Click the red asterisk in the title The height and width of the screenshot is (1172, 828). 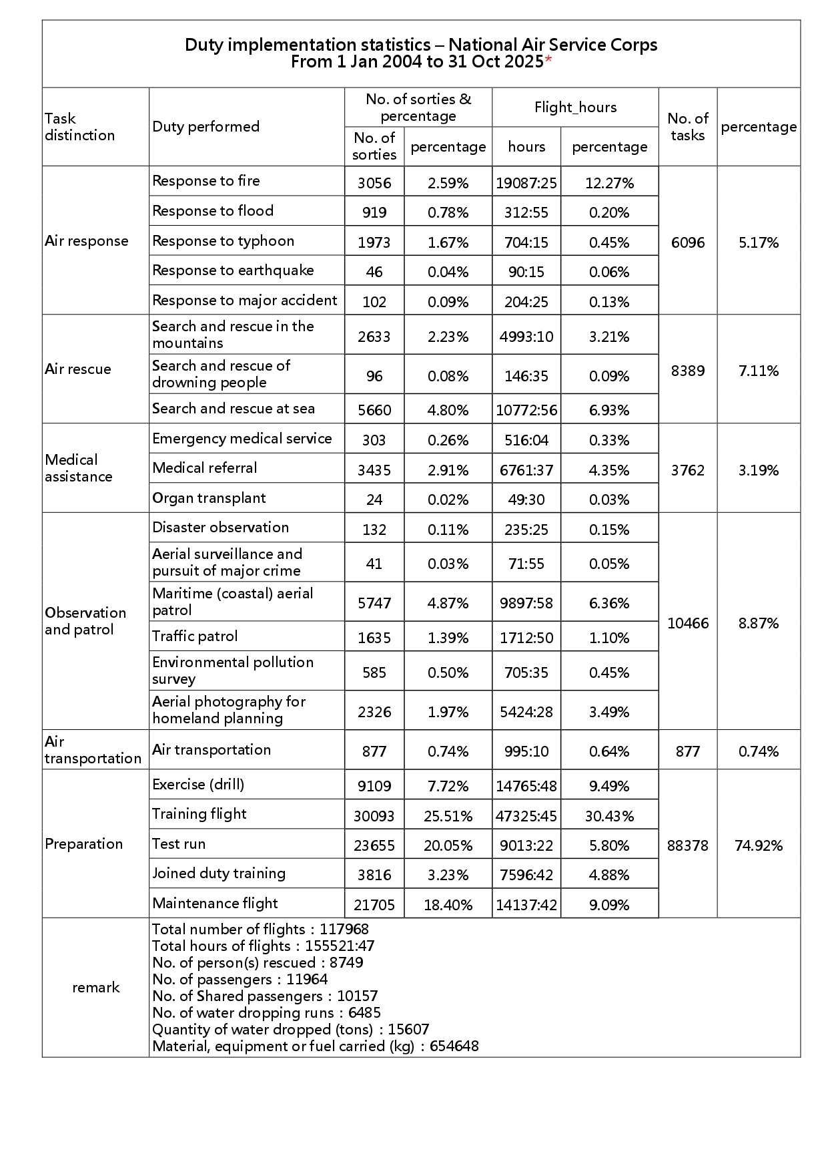[x=548, y=60]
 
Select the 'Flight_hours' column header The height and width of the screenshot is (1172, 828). [x=575, y=108]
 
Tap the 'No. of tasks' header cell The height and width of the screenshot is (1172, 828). [x=687, y=127]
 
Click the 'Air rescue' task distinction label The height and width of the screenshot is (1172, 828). [x=78, y=369]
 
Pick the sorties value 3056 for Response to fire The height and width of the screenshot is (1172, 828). [x=374, y=183]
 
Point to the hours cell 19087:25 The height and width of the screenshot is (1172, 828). [x=526, y=183]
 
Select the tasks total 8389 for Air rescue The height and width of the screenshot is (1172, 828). [x=687, y=371]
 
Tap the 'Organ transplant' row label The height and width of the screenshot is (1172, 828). [x=209, y=498]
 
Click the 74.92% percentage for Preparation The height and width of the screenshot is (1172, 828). [x=759, y=845]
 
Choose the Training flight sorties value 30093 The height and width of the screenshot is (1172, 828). [x=374, y=816]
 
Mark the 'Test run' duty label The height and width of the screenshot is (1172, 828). [x=179, y=844]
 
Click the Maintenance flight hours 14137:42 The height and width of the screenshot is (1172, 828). [x=526, y=905]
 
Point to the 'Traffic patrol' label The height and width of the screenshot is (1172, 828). [x=195, y=636]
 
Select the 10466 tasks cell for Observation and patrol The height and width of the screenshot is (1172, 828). [x=687, y=623]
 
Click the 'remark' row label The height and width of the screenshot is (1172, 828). [x=95, y=988]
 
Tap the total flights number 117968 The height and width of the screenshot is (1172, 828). [x=344, y=929]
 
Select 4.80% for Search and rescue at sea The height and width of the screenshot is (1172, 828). [x=448, y=410]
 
